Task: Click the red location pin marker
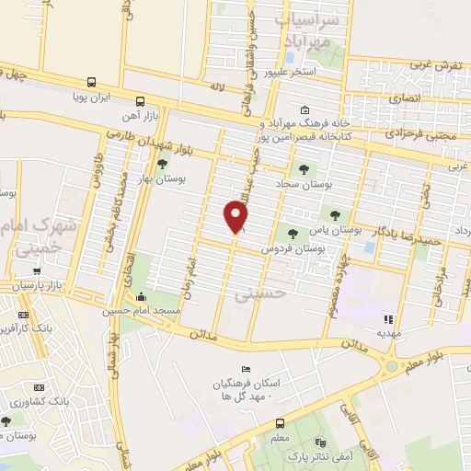[x=236, y=216]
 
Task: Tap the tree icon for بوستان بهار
[x=163, y=165]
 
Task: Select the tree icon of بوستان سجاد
[x=304, y=168]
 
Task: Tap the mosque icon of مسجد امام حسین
[x=142, y=296]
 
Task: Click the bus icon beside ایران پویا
[x=90, y=81]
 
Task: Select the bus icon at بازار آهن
[x=140, y=102]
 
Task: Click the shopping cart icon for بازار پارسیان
[x=36, y=273]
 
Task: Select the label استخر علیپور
[x=290, y=71]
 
